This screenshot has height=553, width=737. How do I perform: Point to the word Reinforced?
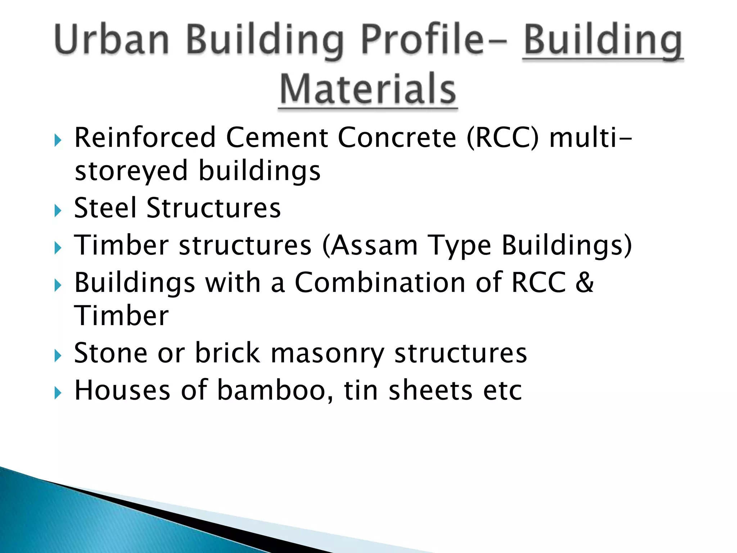pos(145,138)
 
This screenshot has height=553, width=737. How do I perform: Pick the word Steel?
pos(105,208)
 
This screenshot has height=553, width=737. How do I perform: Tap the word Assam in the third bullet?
pos(374,246)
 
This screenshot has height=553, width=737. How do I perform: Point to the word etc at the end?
pos(502,391)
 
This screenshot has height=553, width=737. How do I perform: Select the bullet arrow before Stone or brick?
pos(58,356)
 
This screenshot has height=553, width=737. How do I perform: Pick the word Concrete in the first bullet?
pos(397,138)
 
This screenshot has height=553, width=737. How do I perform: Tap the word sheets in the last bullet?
pos(430,391)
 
